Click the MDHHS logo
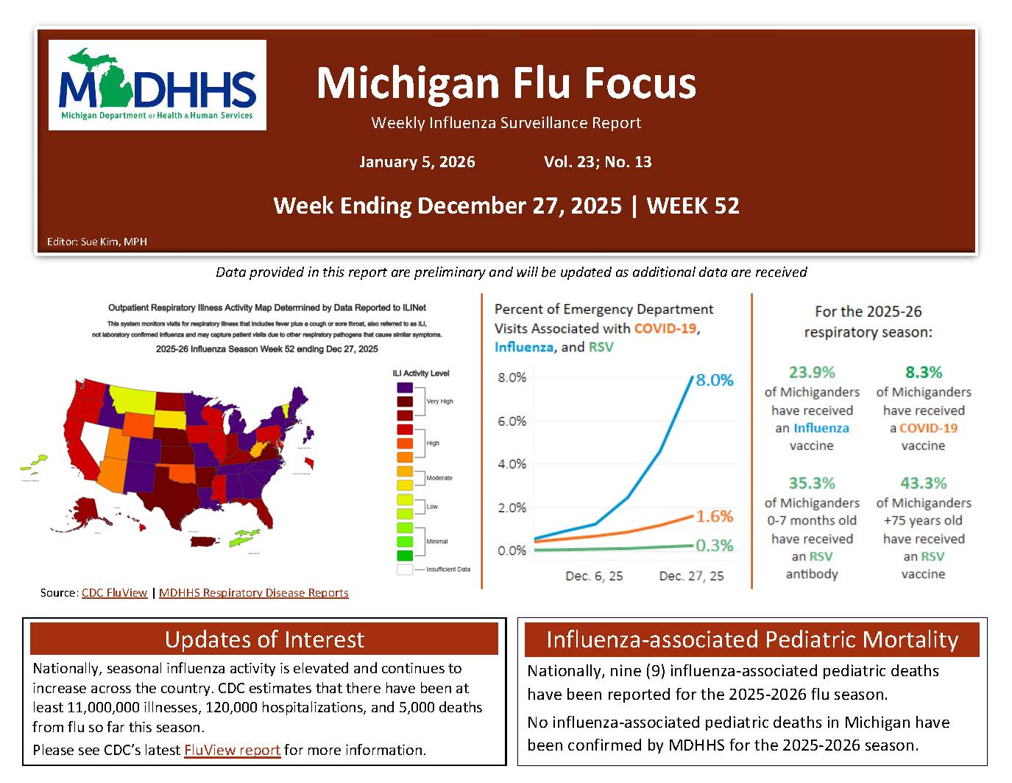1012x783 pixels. pyautogui.click(x=157, y=85)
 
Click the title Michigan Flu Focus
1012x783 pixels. pyautogui.click(x=506, y=82)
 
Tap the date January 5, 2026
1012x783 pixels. pyautogui.click(x=417, y=162)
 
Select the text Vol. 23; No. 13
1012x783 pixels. pyautogui.click(x=598, y=162)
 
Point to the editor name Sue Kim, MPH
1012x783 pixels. pyautogui.click(x=114, y=242)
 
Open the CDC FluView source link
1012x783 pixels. pyautogui.click(x=114, y=593)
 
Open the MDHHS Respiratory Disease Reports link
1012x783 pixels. pyautogui.click(x=253, y=593)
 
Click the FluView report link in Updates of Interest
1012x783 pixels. pyautogui.click(x=232, y=751)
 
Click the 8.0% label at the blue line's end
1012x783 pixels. pyautogui.click(x=714, y=380)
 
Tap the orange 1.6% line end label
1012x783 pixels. pyautogui.click(x=714, y=516)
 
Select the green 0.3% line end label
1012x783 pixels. pyautogui.click(x=714, y=546)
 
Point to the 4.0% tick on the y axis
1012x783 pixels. pyautogui.click(x=512, y=464)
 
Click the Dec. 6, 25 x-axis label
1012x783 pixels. pyautogui.click(x=594, y=576)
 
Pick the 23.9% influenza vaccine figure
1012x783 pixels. pyautogui.click(x=812, y=373)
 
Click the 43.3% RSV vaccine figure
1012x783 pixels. pyautogui.click(x=923, y=484)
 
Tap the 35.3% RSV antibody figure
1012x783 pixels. pyautogui.click(x=812, y=484)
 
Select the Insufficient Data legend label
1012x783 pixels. pyautogui.click(x=448, y=569)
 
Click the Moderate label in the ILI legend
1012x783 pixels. pyautogui.click(x=439, y=478)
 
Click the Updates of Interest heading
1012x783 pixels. pyautogui.click(x=264, y=639)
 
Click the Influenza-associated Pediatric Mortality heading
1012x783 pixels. pyautogui.click(x=751, y=639)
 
